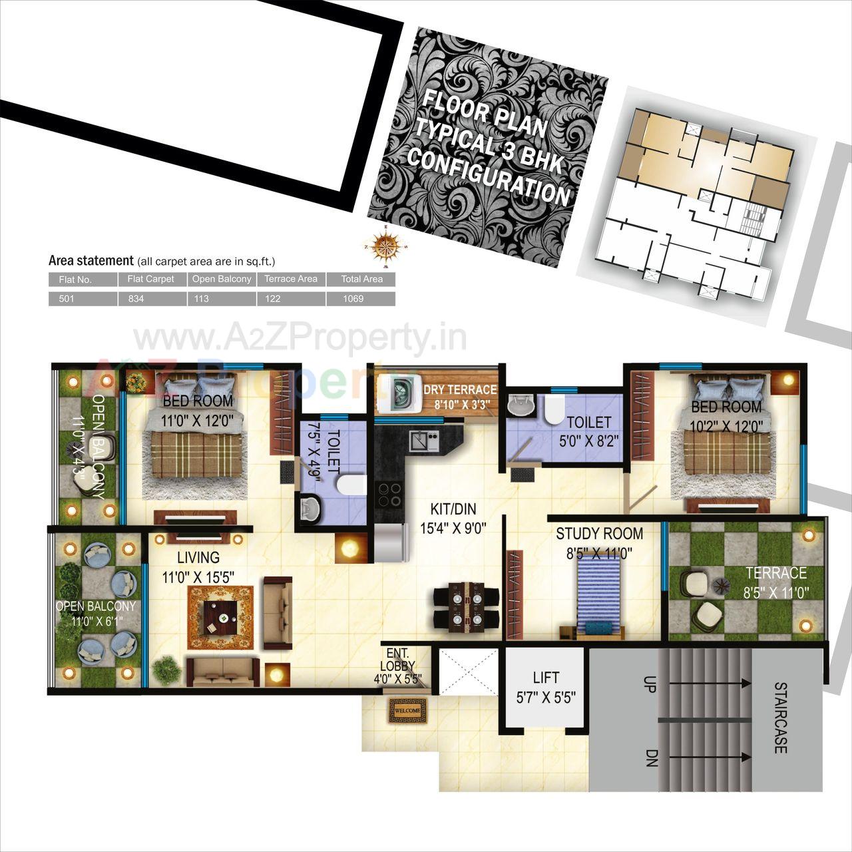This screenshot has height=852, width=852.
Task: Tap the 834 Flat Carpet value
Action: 136,299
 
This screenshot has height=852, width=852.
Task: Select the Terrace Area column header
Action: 291,279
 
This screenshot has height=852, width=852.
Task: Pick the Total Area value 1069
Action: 353,299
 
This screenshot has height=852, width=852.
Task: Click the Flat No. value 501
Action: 67,299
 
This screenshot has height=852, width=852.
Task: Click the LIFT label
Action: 546,678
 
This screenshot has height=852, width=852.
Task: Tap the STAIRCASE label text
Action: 780,718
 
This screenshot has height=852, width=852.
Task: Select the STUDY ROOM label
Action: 599,533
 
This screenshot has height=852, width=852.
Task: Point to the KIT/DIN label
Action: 453,509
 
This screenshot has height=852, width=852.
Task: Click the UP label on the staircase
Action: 649,684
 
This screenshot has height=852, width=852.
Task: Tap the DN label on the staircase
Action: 650,757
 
